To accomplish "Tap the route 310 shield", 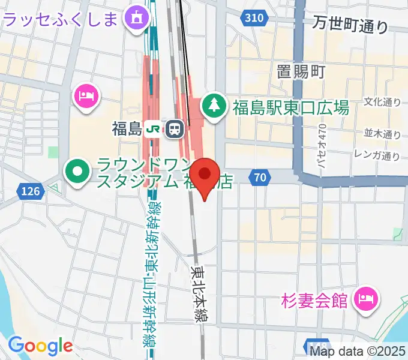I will tap(254, 19).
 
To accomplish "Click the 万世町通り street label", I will tap(350, 25).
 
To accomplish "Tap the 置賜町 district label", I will tap(301, 72).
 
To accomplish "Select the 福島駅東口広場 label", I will tap(290, 108).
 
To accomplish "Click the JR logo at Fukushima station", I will tap(154, 128).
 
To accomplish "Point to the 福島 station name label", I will tap(126, 128).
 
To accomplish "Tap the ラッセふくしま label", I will tap(61, 19).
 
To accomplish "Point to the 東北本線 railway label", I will tap(197, 294).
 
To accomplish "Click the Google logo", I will tap(40, 346).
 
